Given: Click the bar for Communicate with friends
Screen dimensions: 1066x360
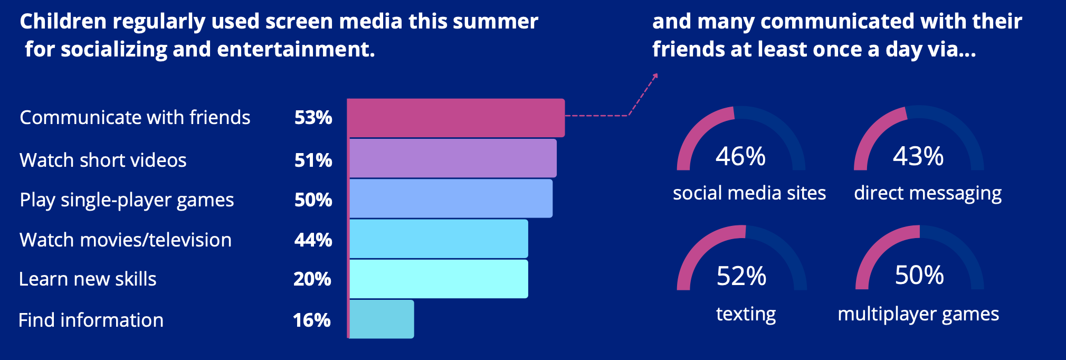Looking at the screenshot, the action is point(456,118).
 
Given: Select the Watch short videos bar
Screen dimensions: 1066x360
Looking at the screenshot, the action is point(453,158).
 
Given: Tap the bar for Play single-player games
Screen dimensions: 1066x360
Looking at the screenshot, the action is point(451,198).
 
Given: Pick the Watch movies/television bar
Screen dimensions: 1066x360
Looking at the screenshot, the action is point(439,239).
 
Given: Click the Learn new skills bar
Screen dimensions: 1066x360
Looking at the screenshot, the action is point(439,279).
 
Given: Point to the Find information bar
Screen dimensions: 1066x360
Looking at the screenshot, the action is point(382,319).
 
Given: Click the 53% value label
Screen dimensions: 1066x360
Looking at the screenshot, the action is point(313,117).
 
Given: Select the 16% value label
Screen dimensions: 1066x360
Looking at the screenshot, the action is point(312,320).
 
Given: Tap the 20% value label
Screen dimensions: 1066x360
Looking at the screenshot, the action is point(312,279).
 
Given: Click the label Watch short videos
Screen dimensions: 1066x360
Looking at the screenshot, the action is point(103,160).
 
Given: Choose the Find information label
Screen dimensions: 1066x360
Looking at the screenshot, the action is point(91,320).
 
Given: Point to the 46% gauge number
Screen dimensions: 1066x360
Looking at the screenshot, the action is point(740,156).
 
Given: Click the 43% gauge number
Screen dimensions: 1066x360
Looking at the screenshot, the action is point(918,156).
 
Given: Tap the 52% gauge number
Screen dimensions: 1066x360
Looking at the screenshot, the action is point(741,276).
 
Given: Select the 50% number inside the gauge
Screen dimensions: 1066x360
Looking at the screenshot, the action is point(919,275).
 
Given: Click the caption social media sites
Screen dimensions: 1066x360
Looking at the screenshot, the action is point(749,193).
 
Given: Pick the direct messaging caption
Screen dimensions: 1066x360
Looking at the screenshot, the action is point(928,194).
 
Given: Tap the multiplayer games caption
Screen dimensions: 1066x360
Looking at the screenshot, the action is point(918,315).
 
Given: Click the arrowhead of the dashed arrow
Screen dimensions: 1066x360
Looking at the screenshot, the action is point(655,76).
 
